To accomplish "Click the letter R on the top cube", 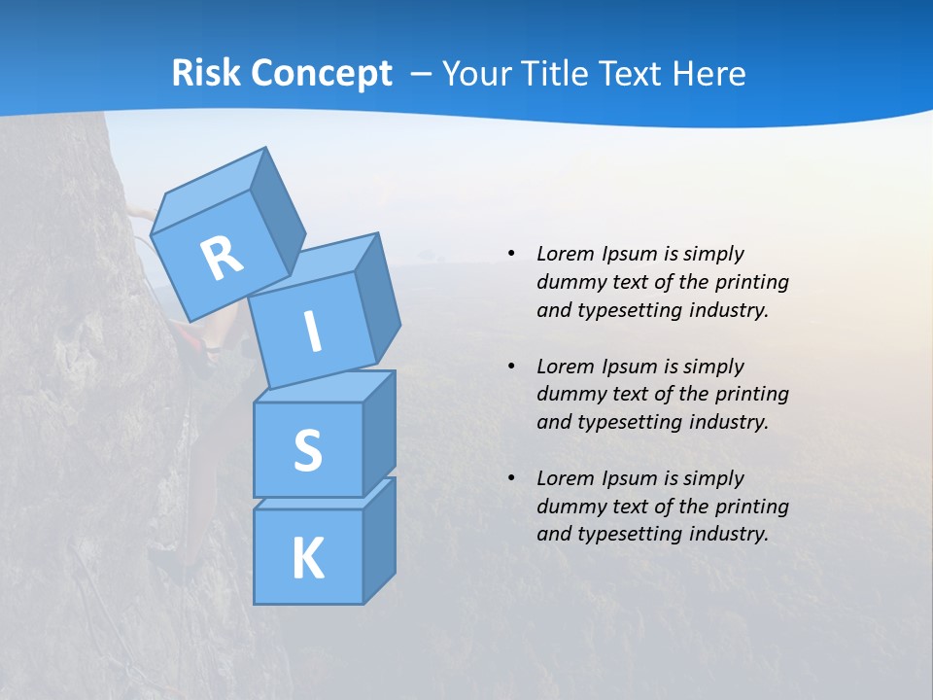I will (x=222, y=258).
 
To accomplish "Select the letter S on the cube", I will (x=307, y=451).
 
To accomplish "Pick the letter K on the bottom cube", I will (x=307, y=559).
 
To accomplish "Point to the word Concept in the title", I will (x=323, y=73).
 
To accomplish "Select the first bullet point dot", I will (x=511, y=254).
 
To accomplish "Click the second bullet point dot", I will (x=511, y=367).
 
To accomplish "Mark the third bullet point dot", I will (x=511, y=478).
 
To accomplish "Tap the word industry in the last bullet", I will (x=721, y=533).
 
